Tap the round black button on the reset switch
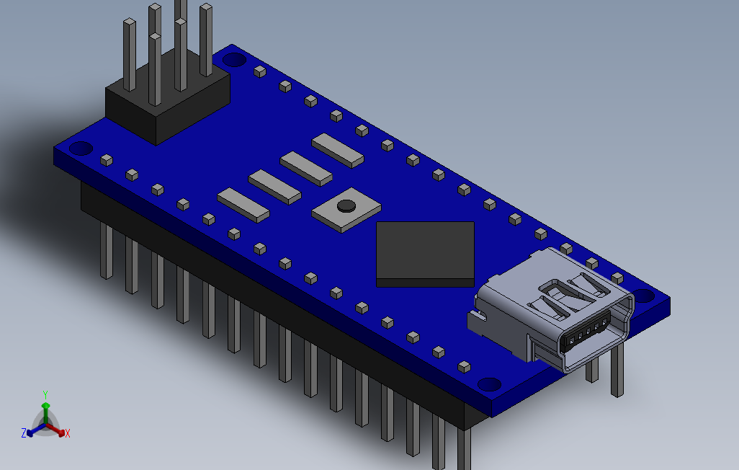pyautogui.click(x=346, y=205)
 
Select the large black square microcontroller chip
pyautogui.click(x=425, y=254)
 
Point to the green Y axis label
pyautogui.click(x=45, y=394)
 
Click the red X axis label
pyautogui.click(x=68, y=433)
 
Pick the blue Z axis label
pyautogui.click(x=24, y=433)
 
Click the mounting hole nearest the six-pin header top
pyautogui.click(x=234, y=60)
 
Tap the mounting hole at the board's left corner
pyautogui.click(x=81, y=148)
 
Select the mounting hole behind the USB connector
pyautogui.click(x=644, y=296)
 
